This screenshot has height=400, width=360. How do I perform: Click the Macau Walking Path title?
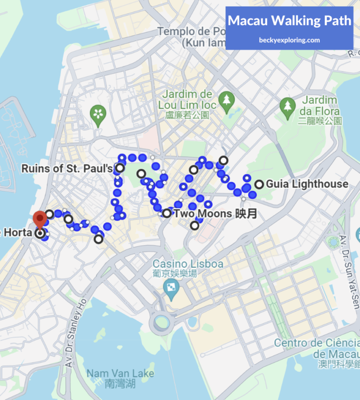[x=289, y=21]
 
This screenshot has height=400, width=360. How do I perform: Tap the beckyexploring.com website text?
[x=289, y=40]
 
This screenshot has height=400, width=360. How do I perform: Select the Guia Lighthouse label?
[x=307, y=184]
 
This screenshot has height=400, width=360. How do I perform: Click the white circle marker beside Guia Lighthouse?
[x=259, y=184]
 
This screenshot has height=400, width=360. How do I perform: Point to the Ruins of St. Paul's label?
[x=67, y=168]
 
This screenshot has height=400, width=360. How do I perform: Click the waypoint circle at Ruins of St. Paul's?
[x=120, y=168]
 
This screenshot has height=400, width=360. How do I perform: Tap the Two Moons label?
[x=216, y=214]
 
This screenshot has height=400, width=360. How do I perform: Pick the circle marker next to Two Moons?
[x=167, y=213]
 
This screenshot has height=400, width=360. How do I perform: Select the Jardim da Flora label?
[x=321, y=110]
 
